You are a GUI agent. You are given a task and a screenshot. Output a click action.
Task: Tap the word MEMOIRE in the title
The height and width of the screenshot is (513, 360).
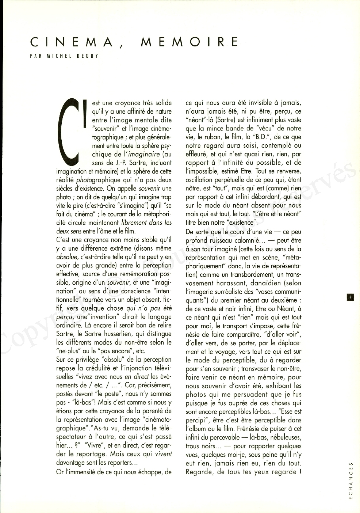click(189, 42)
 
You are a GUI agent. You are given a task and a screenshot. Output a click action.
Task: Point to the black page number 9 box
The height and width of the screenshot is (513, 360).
click(350, 297)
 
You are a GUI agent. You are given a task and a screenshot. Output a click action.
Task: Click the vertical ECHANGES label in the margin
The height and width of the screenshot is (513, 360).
click(351, 481)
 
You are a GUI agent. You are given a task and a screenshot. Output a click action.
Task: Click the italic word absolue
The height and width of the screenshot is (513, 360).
click(66, 257)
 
